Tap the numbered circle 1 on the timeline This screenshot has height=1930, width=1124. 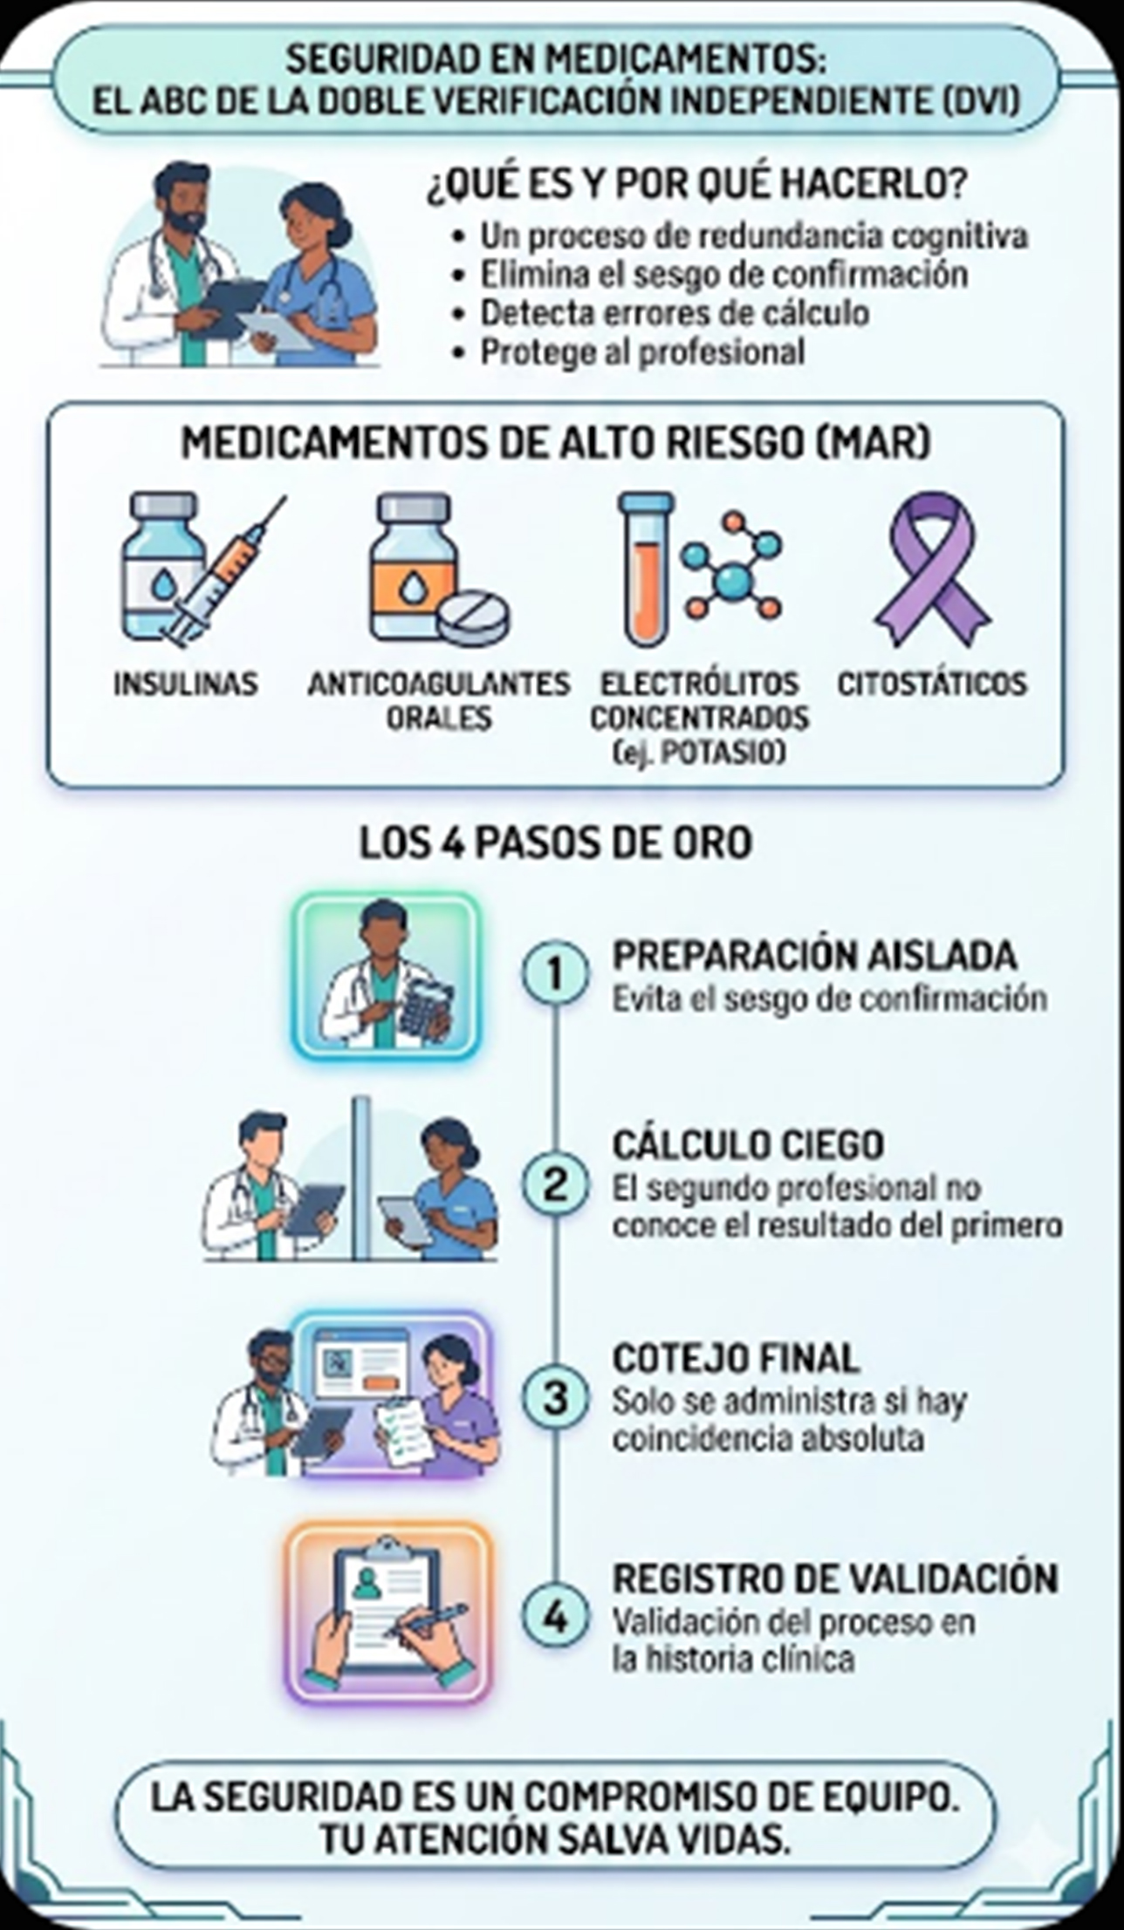[x=555, y=973]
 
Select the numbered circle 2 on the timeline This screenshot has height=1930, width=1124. [x=555, y=1185]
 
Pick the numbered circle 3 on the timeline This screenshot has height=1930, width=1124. [x=555, y=1398]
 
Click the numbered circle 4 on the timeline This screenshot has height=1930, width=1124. [x=555, y=1618]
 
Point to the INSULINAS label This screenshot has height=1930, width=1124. [x=186, y=683]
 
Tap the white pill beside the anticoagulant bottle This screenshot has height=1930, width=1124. [x=473, y=617]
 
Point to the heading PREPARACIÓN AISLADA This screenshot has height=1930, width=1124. [x=814, y=956]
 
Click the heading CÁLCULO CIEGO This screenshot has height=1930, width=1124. [x=748, y=1145]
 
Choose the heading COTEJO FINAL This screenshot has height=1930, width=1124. [x=736, y=1358]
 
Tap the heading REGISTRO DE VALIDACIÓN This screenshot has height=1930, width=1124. [x=835, y=1579]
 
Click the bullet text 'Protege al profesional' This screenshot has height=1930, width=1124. [x=642, y=352]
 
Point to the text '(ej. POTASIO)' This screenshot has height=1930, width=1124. [x=699, y=752]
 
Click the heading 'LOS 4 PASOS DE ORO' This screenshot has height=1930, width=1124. [x=556, y=843]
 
